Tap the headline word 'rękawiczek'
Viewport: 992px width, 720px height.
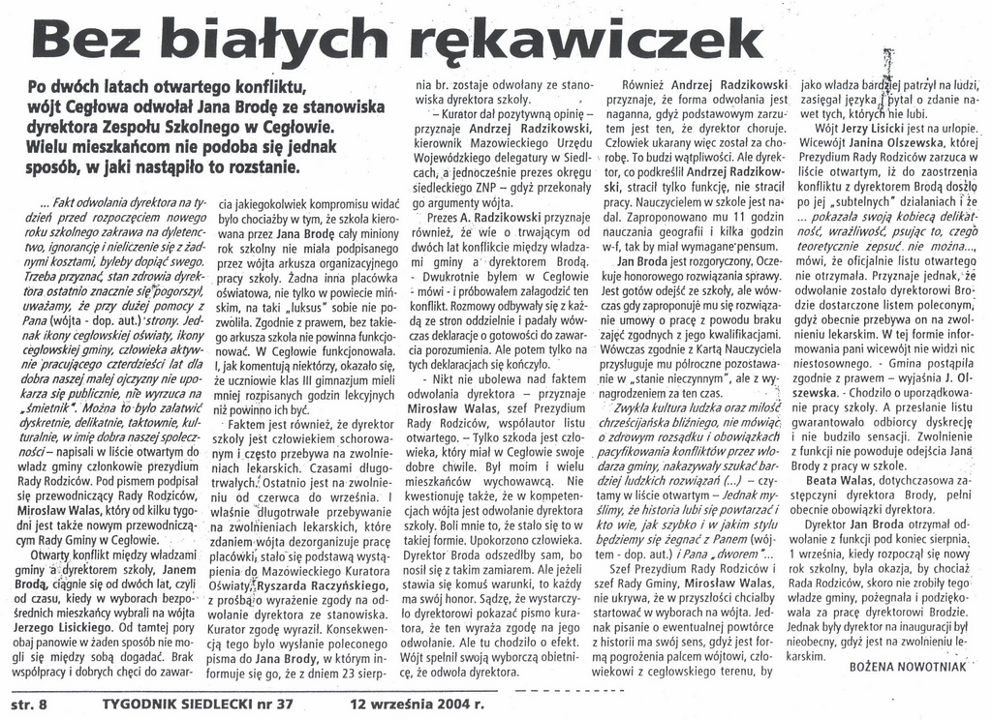575,41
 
